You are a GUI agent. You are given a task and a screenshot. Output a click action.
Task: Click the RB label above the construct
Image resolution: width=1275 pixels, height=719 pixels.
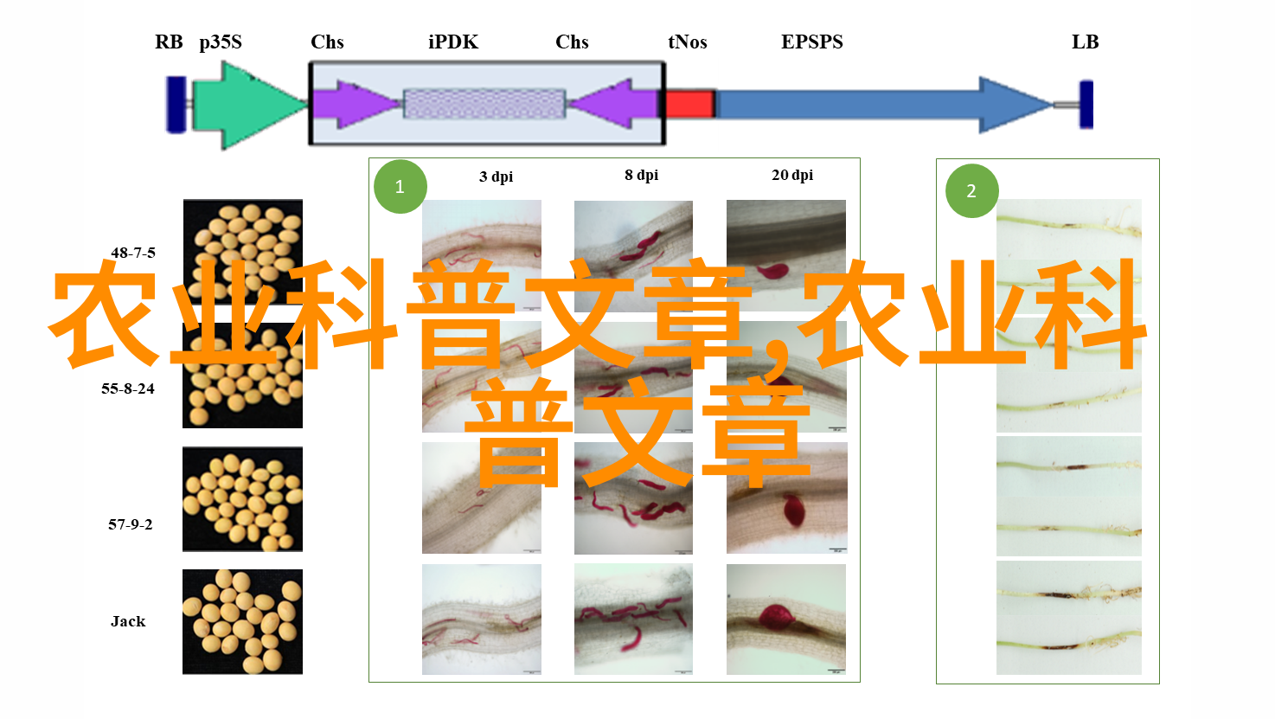pos(169,42)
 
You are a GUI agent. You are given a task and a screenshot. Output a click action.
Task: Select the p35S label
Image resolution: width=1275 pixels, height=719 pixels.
pos(221,42)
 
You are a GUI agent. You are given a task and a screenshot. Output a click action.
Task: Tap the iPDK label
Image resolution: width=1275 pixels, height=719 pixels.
pos(453,42)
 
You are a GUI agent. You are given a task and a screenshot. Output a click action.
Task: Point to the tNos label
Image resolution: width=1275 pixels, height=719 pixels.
pos(687,42)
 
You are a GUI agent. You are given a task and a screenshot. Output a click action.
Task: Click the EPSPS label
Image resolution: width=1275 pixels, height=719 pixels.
pos(811,42)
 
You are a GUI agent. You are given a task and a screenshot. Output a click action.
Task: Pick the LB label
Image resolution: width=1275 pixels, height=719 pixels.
pos(1085,42)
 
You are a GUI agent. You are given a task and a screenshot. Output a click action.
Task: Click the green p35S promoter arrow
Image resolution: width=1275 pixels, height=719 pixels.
pos(249,106)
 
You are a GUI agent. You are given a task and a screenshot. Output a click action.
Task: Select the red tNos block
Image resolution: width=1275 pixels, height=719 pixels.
pos(690,104)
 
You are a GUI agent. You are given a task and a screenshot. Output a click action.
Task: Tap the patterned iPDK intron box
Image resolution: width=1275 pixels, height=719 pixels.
pos(484,104)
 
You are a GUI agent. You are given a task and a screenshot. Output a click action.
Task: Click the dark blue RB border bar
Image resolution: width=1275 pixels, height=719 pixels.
pos(176,105)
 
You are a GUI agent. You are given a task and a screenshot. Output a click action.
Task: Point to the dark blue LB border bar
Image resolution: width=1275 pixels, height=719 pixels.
pos(1086,105)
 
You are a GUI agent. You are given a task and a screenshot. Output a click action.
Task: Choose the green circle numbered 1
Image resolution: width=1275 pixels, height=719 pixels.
pos(400,187)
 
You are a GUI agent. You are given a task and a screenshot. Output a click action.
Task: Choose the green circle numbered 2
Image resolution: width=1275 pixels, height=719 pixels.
pos(971,190)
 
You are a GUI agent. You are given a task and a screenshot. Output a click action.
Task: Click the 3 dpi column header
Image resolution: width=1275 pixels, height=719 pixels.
pos(496,177)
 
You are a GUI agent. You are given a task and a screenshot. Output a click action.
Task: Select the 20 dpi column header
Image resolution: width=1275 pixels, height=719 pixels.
pos(792,175)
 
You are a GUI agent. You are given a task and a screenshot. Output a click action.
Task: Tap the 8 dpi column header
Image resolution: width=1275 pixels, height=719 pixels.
pos(642,175)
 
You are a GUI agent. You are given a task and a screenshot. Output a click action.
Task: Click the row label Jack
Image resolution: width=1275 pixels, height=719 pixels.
pos(128,621)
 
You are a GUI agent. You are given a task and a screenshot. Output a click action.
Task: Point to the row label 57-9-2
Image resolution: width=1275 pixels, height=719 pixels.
pos(131,524)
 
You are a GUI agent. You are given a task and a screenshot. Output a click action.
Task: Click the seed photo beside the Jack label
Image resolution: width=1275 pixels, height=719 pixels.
pos(242,621)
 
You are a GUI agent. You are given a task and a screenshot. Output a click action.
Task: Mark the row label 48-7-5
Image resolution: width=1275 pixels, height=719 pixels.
pos(133,253)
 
